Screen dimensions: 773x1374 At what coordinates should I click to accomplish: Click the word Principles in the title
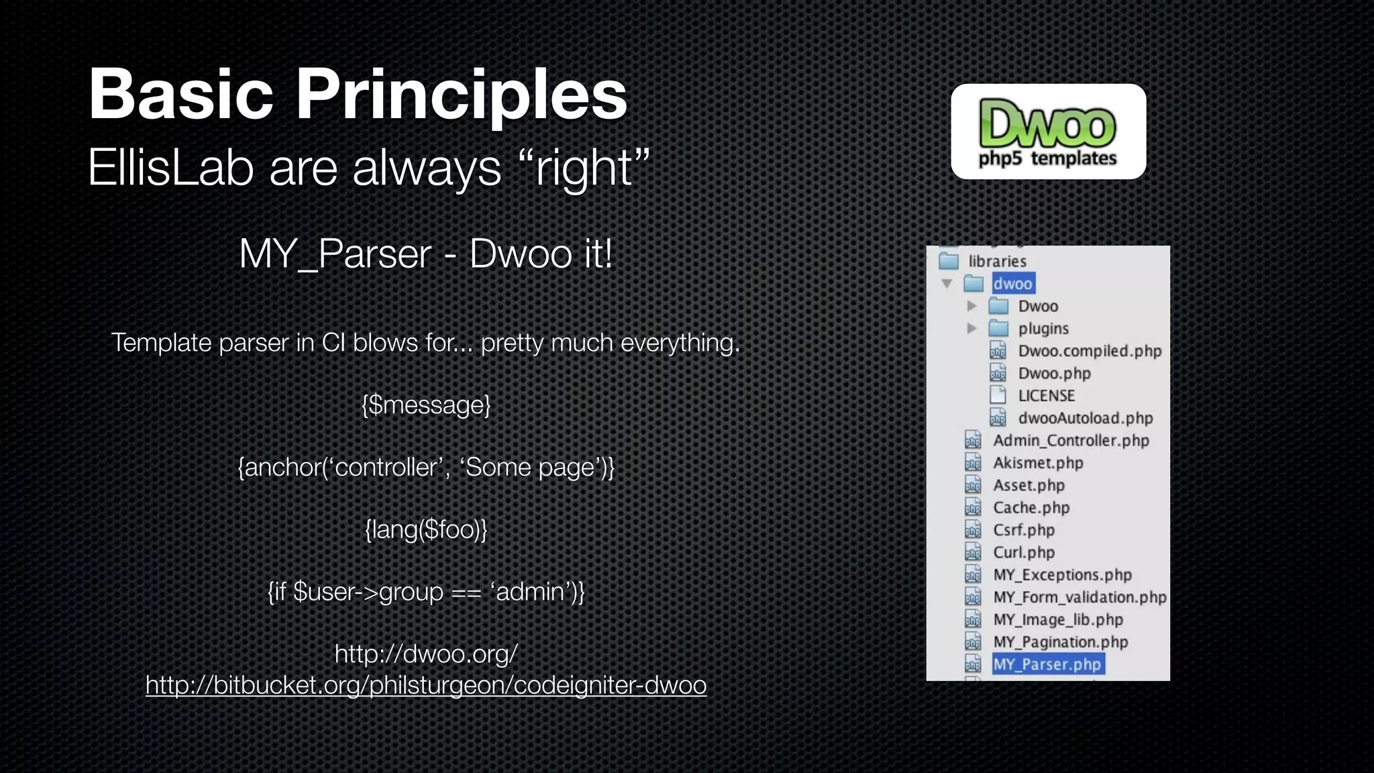click(462, 95)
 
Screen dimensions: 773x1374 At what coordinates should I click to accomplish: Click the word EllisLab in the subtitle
click(170, 168)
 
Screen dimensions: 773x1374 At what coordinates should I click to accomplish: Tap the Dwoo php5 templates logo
click(1048, 132)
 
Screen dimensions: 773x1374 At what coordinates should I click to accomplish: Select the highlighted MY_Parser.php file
click(1047, 664)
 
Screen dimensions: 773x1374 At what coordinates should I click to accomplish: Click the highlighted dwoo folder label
click(1012, 284)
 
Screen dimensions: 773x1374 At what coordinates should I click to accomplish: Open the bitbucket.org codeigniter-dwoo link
click(426, 685)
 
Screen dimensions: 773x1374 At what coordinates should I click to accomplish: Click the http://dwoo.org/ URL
click(426, 654)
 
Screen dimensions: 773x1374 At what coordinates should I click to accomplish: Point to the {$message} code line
click(426, 405)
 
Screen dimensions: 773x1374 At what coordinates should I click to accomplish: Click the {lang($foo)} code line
click(426, 530)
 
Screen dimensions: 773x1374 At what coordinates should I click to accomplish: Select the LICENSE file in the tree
click(1046, 396)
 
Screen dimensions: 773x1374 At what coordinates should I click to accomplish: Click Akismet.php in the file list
click(1038, 463)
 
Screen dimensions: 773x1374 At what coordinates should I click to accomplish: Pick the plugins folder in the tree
click(1043, 329)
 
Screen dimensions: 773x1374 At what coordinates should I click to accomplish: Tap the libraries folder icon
click(949, 261)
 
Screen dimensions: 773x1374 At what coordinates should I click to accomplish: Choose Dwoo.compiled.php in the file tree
click(1089, 351)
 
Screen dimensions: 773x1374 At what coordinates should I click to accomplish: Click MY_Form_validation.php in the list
click(1079, 597)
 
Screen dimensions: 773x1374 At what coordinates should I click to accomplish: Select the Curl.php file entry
click(1024, 552)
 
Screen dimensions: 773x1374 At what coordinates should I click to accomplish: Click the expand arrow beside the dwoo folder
click(947, 284)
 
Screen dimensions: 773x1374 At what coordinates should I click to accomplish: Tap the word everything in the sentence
click(679, 344)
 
